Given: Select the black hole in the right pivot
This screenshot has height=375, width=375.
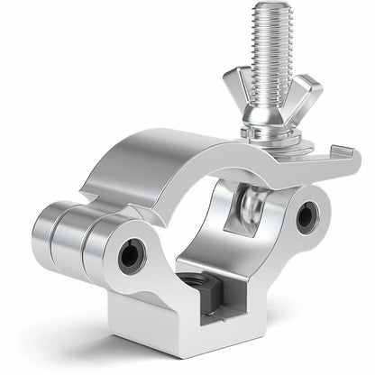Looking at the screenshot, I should click(308, 216).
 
